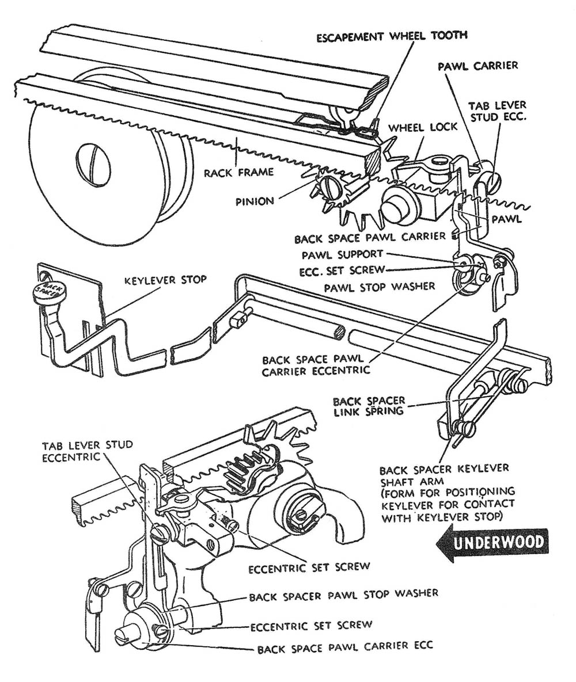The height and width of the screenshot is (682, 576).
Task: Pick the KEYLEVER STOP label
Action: (165, 280)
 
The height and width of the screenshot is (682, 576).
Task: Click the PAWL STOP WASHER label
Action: (380, 285)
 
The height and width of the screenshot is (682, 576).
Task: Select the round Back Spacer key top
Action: (49, 291)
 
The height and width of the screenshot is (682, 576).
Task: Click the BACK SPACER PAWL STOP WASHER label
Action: (344, 593)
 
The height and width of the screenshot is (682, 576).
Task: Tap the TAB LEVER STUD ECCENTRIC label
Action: (87, 451)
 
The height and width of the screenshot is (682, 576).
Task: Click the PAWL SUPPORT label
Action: (343, 254)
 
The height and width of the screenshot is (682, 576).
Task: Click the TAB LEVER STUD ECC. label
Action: (497, 113)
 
